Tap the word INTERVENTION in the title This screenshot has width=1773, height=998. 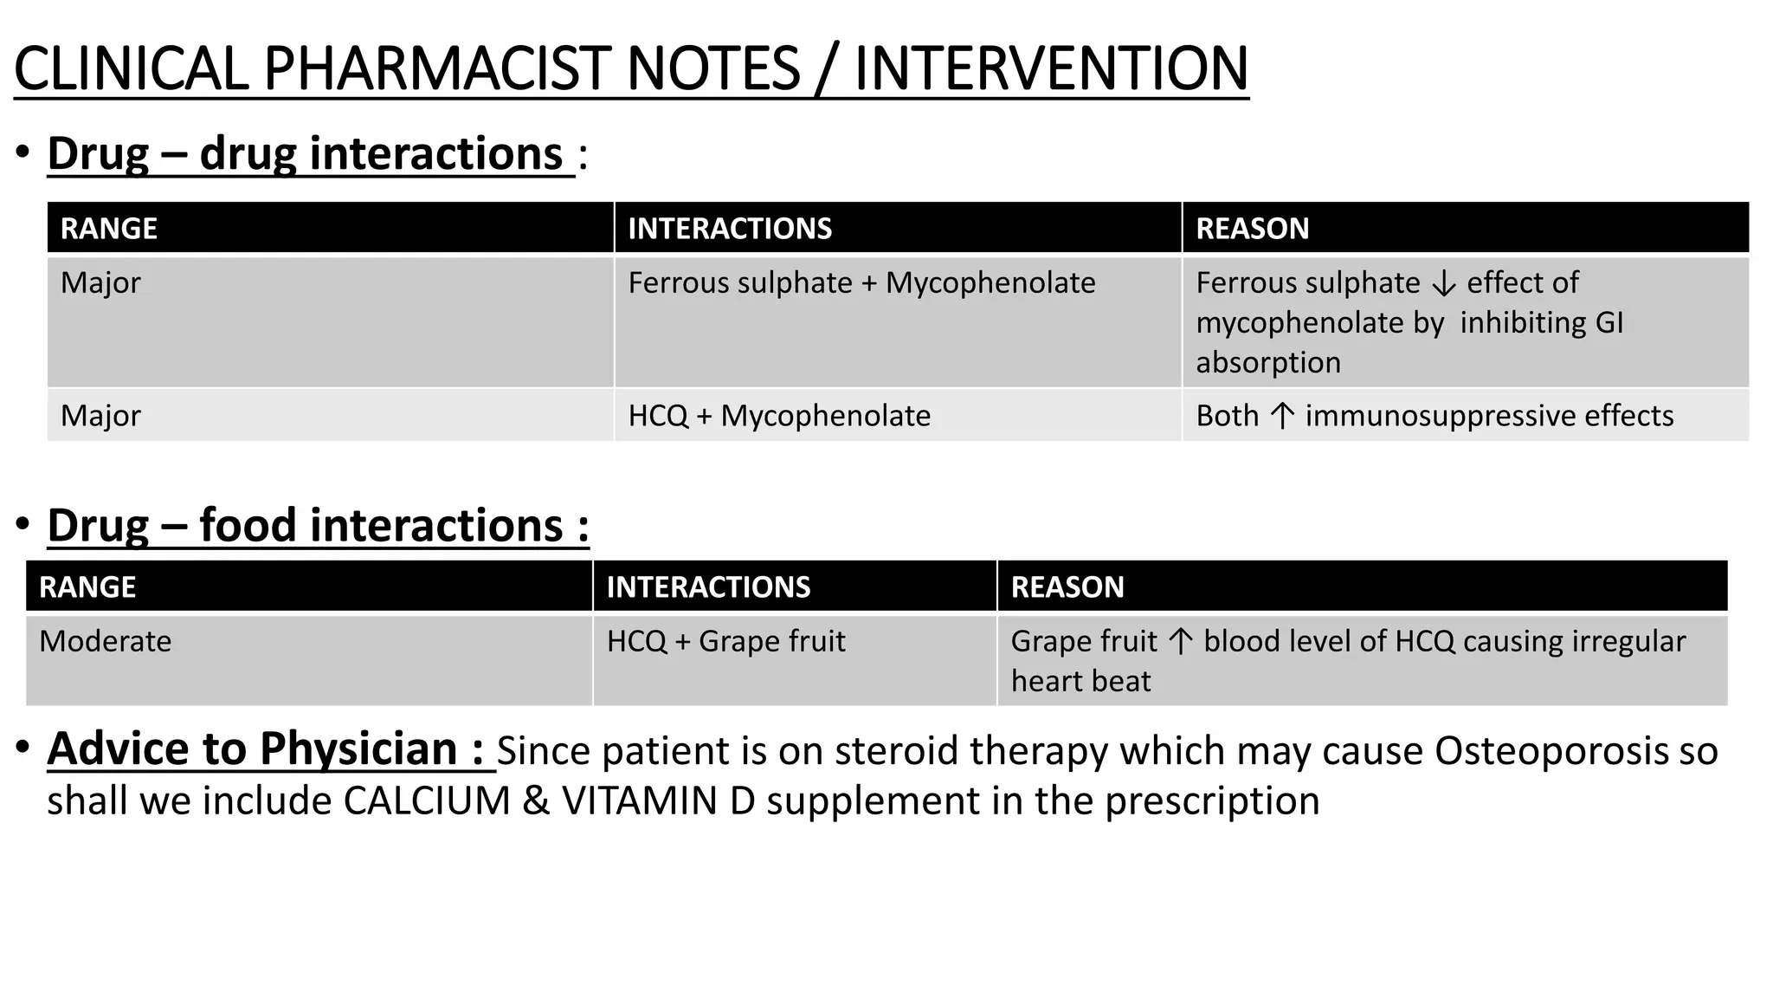[x=1051, y=69]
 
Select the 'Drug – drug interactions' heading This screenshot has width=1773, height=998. [x=310, y=154]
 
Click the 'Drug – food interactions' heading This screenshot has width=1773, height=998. [x=317, y=526]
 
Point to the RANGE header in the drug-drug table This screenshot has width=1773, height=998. [x=109, y=229]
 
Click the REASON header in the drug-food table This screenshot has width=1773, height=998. [x=1067, y=587]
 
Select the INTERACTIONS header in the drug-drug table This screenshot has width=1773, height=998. [x=730, y=229]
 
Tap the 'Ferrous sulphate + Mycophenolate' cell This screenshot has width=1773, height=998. [x=861, y=283]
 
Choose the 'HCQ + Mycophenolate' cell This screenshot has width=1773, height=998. [x=779, y=416]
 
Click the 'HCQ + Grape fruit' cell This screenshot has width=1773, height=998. [x=725, y=642]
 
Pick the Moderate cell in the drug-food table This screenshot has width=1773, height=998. [x=106, y=642]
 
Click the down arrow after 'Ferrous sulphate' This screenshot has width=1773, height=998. [x=1443, y=284]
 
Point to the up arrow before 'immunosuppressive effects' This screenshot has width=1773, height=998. [x=1282, y=417]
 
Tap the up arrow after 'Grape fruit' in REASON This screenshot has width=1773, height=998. [x=1180, y=642]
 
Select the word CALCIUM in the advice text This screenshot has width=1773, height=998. [x=427, y=801]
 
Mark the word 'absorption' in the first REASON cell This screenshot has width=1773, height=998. [x=1268, y=363]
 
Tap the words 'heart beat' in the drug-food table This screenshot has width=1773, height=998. [x=1080, y=682]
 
